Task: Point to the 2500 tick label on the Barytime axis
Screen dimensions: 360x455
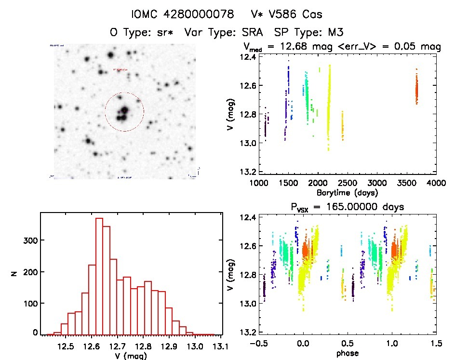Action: click(348, 183)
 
